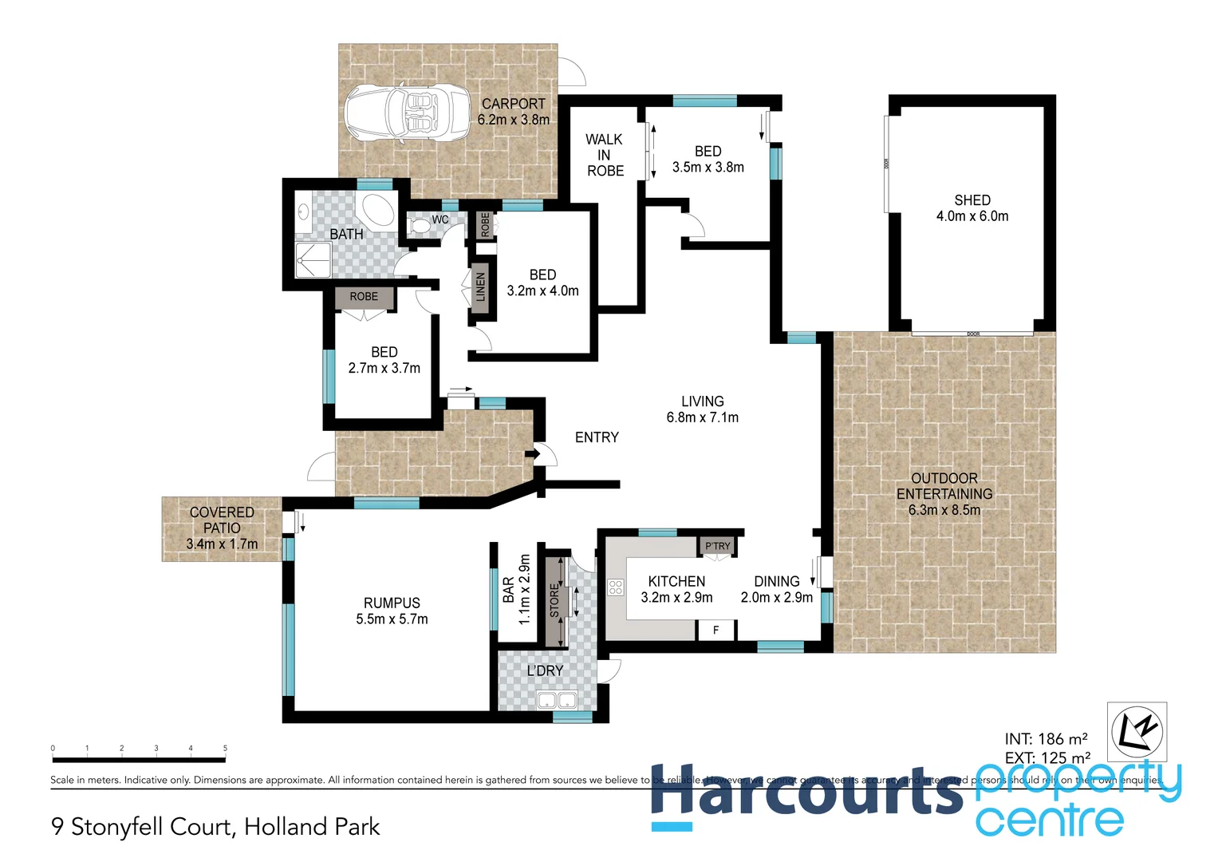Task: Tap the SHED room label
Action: [x=972, y=200]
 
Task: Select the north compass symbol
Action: [x=1137, y=730]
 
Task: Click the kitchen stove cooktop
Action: [x=615, y=587]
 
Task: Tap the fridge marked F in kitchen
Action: [x=715, y=631]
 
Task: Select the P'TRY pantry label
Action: [x=717, y=546]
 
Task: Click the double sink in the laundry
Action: [x=557, y=701]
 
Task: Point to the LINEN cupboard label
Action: [x=480, y=287]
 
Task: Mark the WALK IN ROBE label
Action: [x=605, y=155]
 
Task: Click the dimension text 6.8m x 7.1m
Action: [x=702, y=417]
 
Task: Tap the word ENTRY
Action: [x=597, y=437]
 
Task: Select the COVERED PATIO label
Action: [x=222, y=520]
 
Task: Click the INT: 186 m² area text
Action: [x=1046, y=739]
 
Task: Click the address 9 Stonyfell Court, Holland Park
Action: [x=215, y=827]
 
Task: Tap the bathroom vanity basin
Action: [x=304, y=212]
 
